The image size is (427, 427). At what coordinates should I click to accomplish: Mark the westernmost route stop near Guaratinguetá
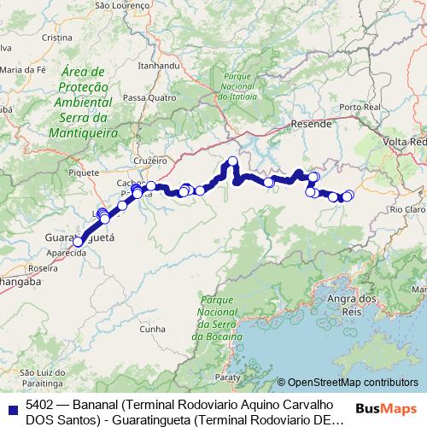point(78,243)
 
